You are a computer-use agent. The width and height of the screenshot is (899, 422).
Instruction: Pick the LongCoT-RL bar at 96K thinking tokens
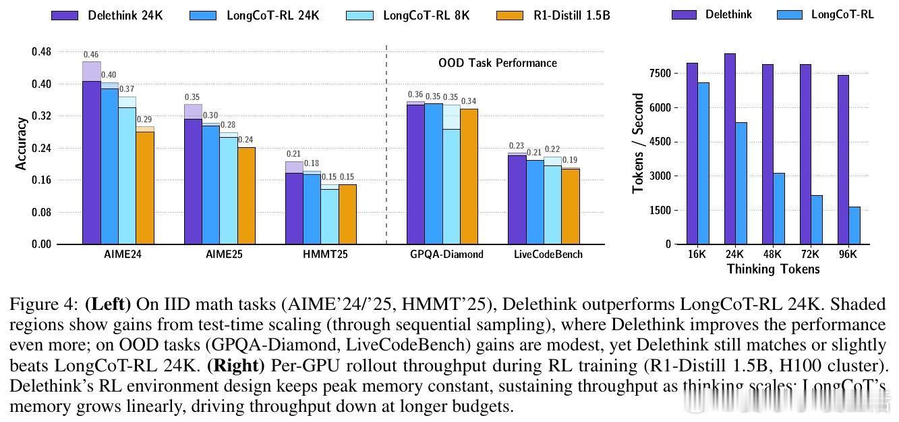[854, 226]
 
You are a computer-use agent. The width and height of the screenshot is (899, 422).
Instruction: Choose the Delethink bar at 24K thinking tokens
[729, 149]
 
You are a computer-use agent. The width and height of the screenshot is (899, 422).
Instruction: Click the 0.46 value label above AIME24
[91, 55]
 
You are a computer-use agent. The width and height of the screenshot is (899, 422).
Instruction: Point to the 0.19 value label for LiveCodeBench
[571, 161]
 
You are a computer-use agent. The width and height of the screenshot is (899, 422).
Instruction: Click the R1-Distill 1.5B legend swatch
[511, 14]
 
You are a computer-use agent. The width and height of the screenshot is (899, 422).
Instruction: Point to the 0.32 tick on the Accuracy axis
[41, 116]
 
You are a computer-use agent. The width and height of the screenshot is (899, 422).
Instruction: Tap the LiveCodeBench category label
[548, 255]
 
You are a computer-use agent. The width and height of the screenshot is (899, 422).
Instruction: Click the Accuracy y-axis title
[22, 143]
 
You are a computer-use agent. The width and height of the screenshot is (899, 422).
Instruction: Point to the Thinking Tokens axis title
[773, 269]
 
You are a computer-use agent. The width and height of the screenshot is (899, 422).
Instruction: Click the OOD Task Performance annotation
[498, 63]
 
